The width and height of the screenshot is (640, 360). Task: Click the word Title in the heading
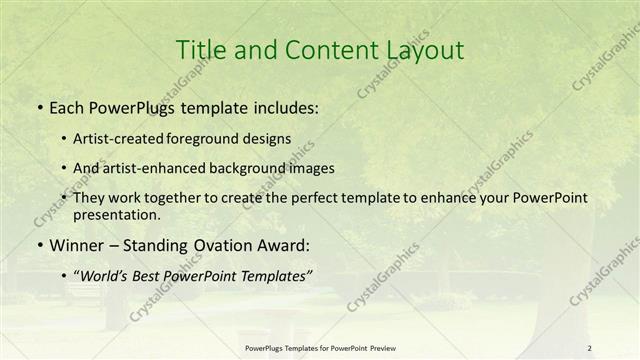tap(199, 50)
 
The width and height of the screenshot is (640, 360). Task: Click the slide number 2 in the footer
tap(590, 348)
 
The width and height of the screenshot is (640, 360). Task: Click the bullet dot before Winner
tap(38, 244)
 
